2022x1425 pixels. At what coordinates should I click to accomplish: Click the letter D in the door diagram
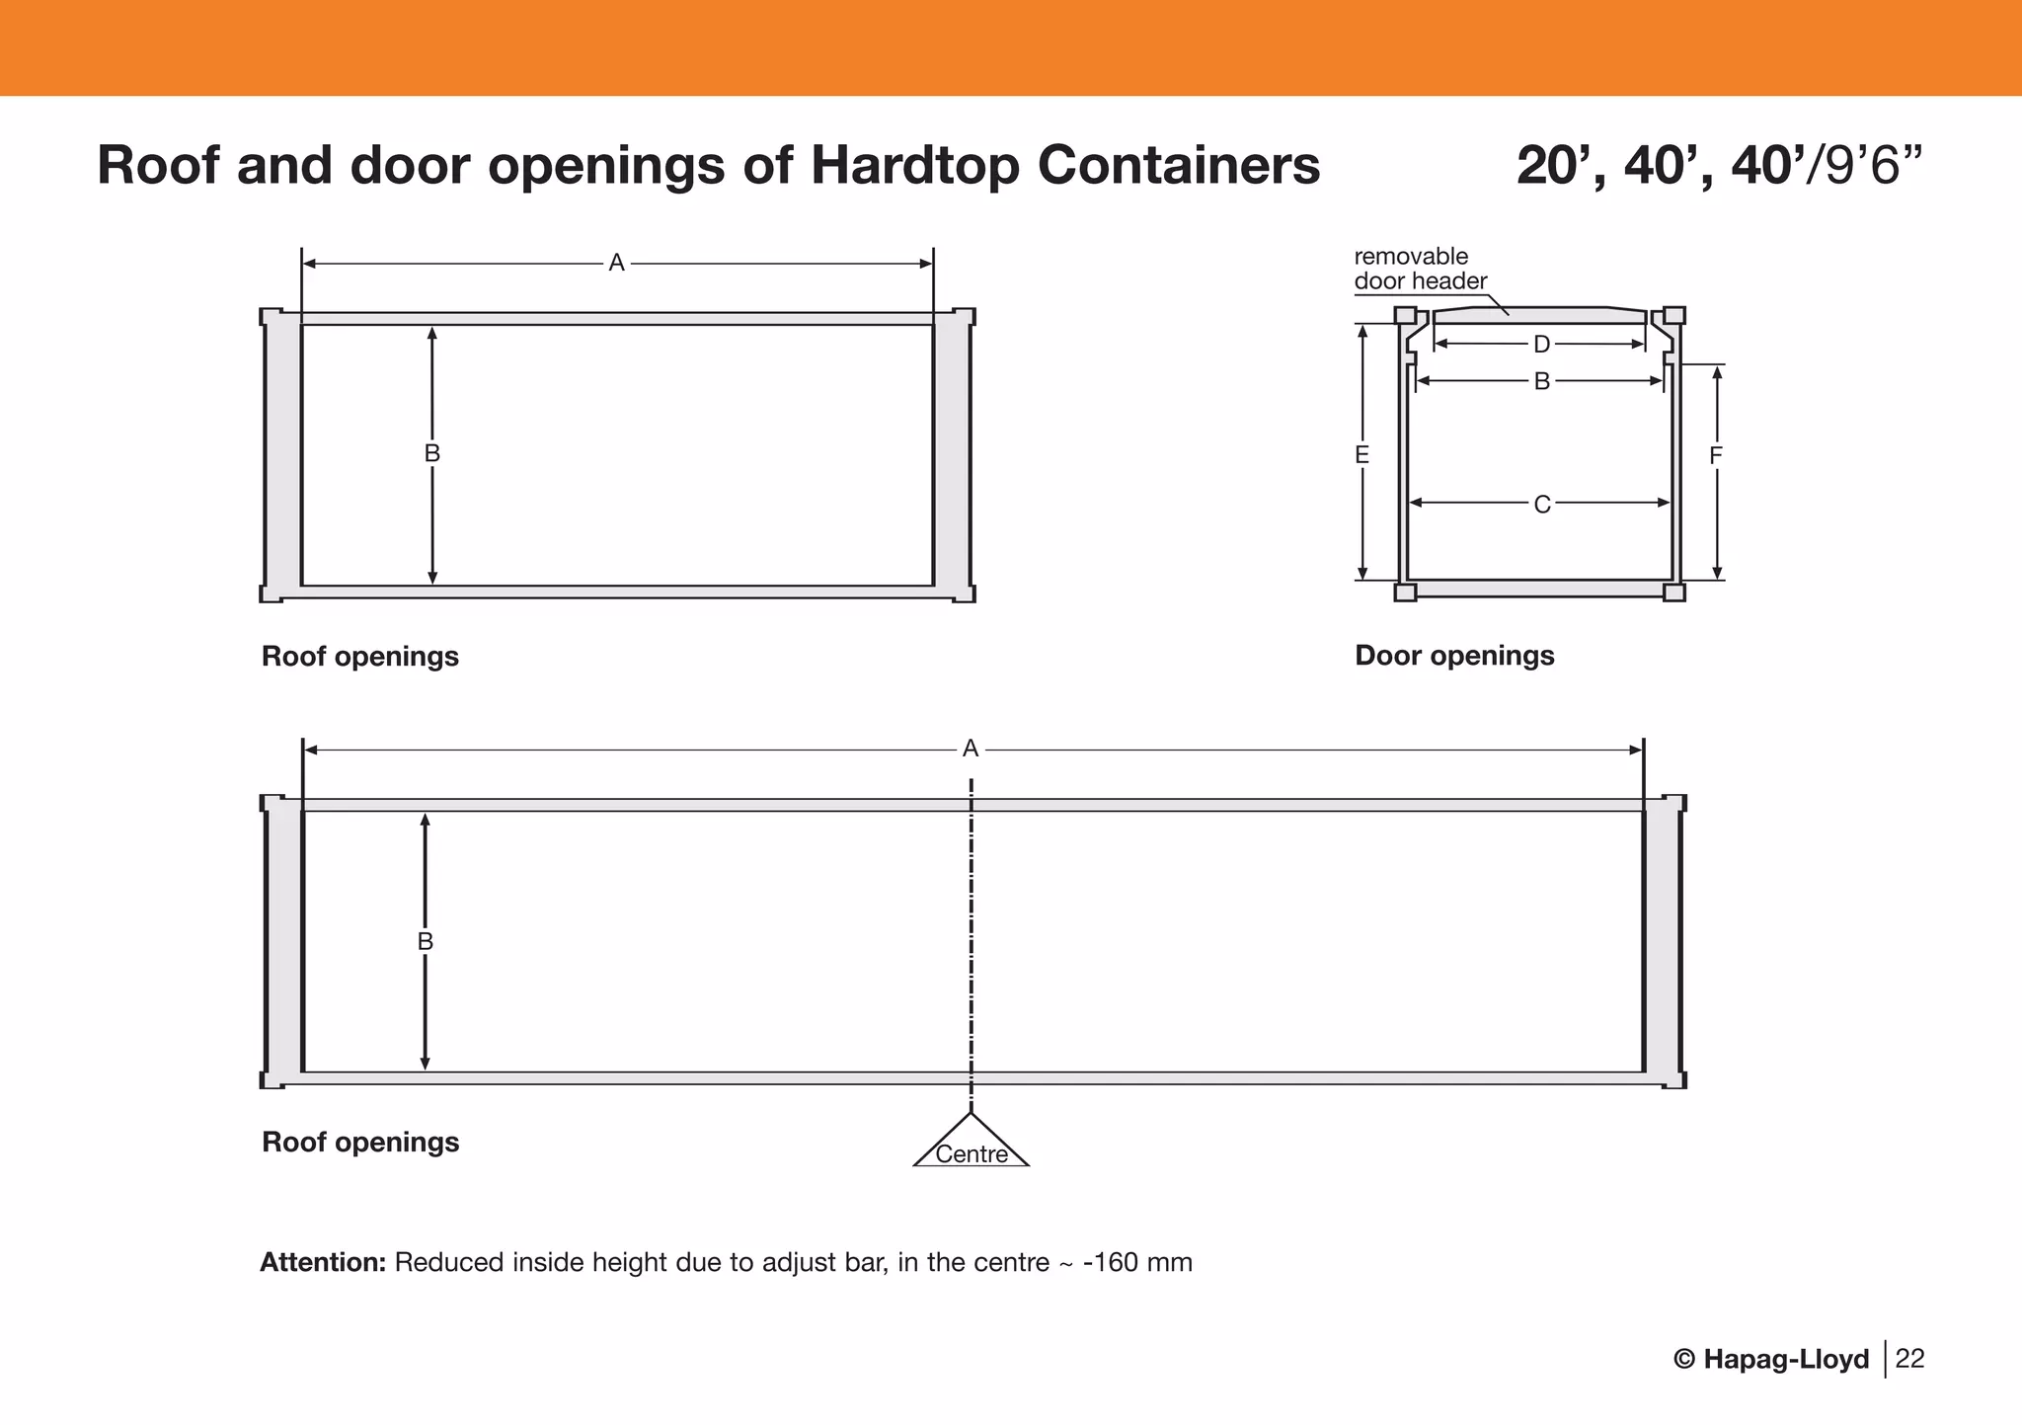tap(1541, 345)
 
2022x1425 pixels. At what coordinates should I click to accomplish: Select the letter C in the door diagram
tap(1541, 505)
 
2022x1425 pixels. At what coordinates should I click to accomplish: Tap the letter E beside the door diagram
tap(1362, 455)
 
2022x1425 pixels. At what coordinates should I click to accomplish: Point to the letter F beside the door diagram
tap(1716, 456)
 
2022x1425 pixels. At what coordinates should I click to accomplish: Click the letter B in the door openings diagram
tap(1541, 381)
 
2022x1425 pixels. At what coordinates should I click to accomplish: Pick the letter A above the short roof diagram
tap(616, 264)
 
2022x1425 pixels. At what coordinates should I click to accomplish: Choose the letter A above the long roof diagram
tap(971, 750)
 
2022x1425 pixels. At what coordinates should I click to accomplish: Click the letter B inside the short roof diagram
tap(432, 454)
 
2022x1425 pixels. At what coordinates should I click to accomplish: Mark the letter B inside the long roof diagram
tap(426, 942)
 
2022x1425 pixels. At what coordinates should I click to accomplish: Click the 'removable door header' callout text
tap(1420, 269)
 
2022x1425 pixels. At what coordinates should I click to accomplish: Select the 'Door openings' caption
tap(1454, 656)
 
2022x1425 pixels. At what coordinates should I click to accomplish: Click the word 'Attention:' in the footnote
tap(323, 1263)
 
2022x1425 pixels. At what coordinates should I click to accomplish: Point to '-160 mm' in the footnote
tap(1137, 1263)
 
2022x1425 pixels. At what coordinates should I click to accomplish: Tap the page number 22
tap(1910, 1359)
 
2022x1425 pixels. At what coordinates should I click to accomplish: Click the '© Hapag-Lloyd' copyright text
tap(1771, 1360)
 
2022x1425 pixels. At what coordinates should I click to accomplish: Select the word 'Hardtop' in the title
tap(915, 165)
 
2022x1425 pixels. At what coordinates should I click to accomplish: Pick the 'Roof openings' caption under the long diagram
tap(360, 1143)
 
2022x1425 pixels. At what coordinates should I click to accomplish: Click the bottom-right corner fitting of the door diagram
tap(1673, 593)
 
